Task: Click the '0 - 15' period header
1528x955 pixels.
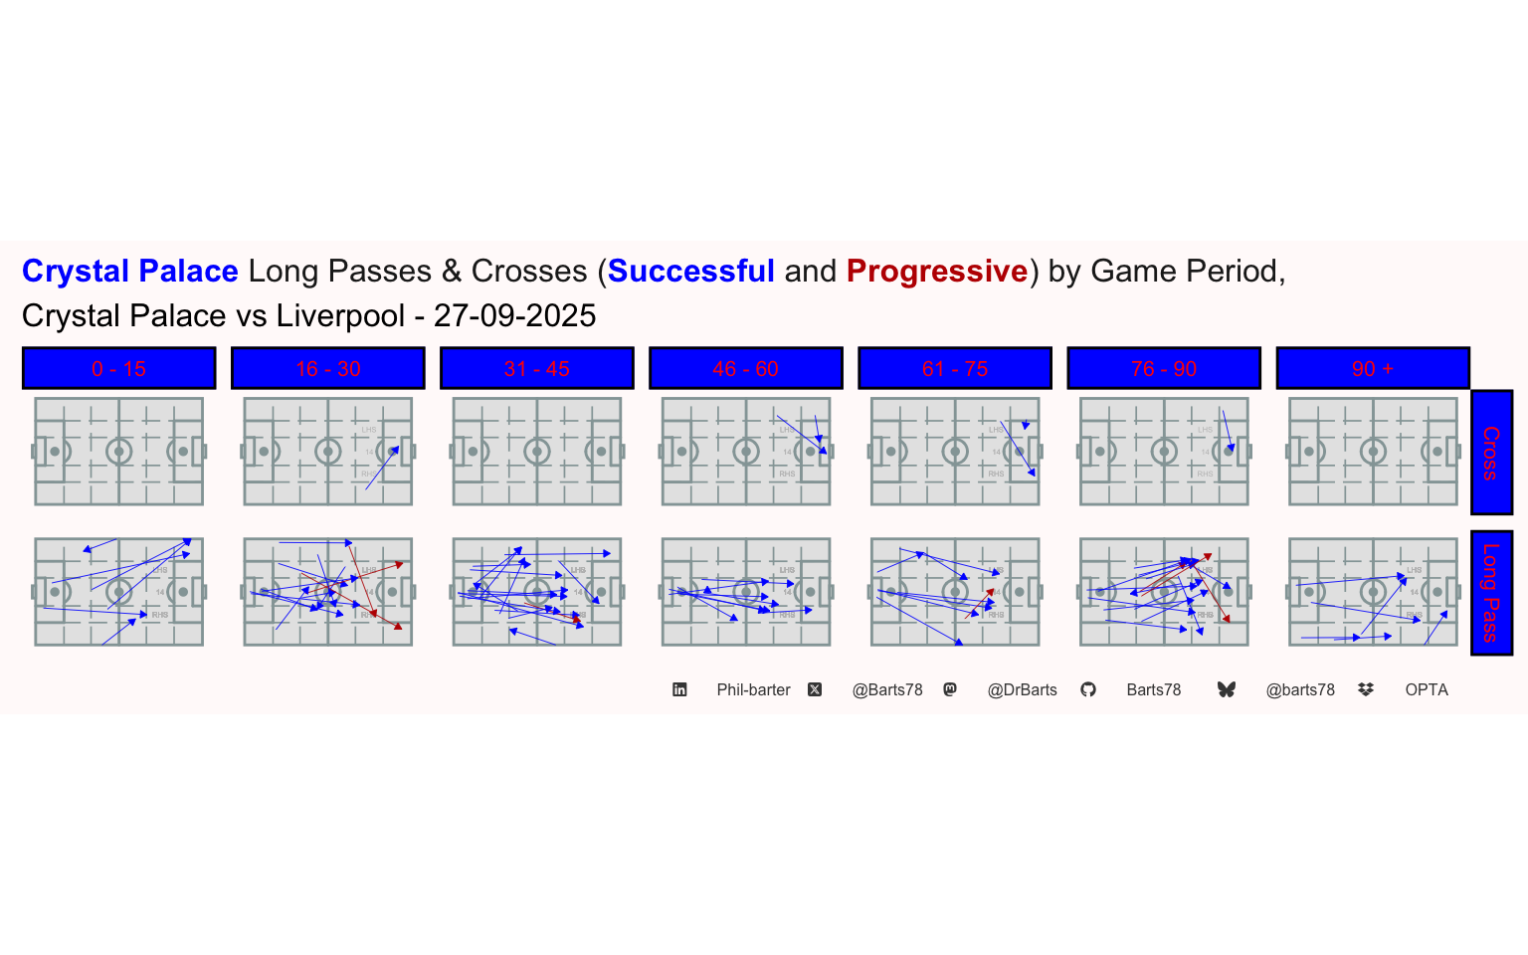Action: point(118,368)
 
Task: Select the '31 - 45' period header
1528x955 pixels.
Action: point(536,368)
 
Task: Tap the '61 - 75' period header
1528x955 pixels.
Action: point(954,368)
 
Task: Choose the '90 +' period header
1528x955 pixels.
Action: point(1372,368)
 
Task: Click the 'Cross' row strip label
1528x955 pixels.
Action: point(1491,453)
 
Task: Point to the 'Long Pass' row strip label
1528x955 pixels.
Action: point(1491,593)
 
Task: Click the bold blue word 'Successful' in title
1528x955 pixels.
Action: point(690,271)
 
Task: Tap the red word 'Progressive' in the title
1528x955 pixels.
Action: point(936,271)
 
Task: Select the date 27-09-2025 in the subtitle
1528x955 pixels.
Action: point(514,315)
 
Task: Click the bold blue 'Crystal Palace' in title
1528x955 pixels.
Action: point(129,271)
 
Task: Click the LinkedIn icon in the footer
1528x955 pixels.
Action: point(679,689)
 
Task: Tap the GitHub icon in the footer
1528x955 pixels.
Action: point(1088,689)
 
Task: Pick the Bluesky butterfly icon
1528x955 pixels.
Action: point(1226,689)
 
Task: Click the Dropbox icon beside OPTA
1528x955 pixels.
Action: point(1366,689)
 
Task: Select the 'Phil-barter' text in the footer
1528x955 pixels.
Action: point(753,689)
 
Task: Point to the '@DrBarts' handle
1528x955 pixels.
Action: point(1022,689)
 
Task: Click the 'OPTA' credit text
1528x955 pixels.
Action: point(1426,689)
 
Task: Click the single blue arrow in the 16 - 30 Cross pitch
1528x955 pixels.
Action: point(382,468)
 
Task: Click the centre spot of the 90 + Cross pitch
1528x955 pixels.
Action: point(1373,452)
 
